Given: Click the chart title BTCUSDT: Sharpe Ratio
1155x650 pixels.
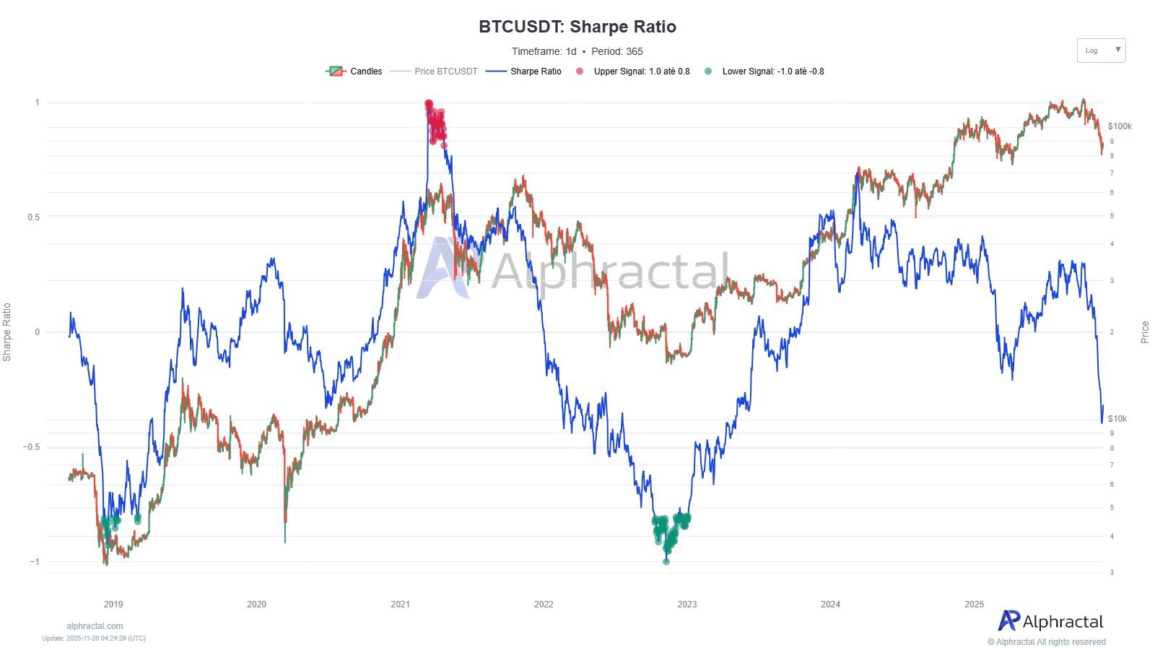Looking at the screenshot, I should [x=577, y=27].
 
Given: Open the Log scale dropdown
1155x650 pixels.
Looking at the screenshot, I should [x=1101, y=51].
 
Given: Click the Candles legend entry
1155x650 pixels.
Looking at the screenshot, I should [x=354, y=71].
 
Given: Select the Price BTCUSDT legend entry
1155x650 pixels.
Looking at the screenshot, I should [x=435, y=71].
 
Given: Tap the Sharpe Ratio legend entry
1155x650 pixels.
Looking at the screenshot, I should [x=524, y=71].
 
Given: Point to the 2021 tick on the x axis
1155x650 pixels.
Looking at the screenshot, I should [x=400, y=604].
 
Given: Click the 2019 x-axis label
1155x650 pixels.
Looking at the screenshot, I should [x=113, y=604].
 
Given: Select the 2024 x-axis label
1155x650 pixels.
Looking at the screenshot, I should [x=830, y=604].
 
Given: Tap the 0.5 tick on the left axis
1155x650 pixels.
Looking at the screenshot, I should [x=33, y=217].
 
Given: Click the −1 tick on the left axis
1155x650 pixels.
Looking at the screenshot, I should [x=34, y=561].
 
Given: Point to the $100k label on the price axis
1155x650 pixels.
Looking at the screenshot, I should [x=1120, y=126].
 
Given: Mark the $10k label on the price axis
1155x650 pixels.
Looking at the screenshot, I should [x=1117, y=419].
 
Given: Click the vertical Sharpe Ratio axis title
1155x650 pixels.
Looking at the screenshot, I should [x=7, y=332].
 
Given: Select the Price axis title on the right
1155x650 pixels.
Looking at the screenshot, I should [x=1144, y=332].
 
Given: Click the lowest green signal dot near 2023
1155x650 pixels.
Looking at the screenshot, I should [x=666, y=561].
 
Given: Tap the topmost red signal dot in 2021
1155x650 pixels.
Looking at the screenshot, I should [x=429, y=103].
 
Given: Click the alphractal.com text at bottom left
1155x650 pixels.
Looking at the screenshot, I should [x=95, y=626].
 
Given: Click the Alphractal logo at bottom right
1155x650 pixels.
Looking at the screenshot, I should [x=1051, y=621].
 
